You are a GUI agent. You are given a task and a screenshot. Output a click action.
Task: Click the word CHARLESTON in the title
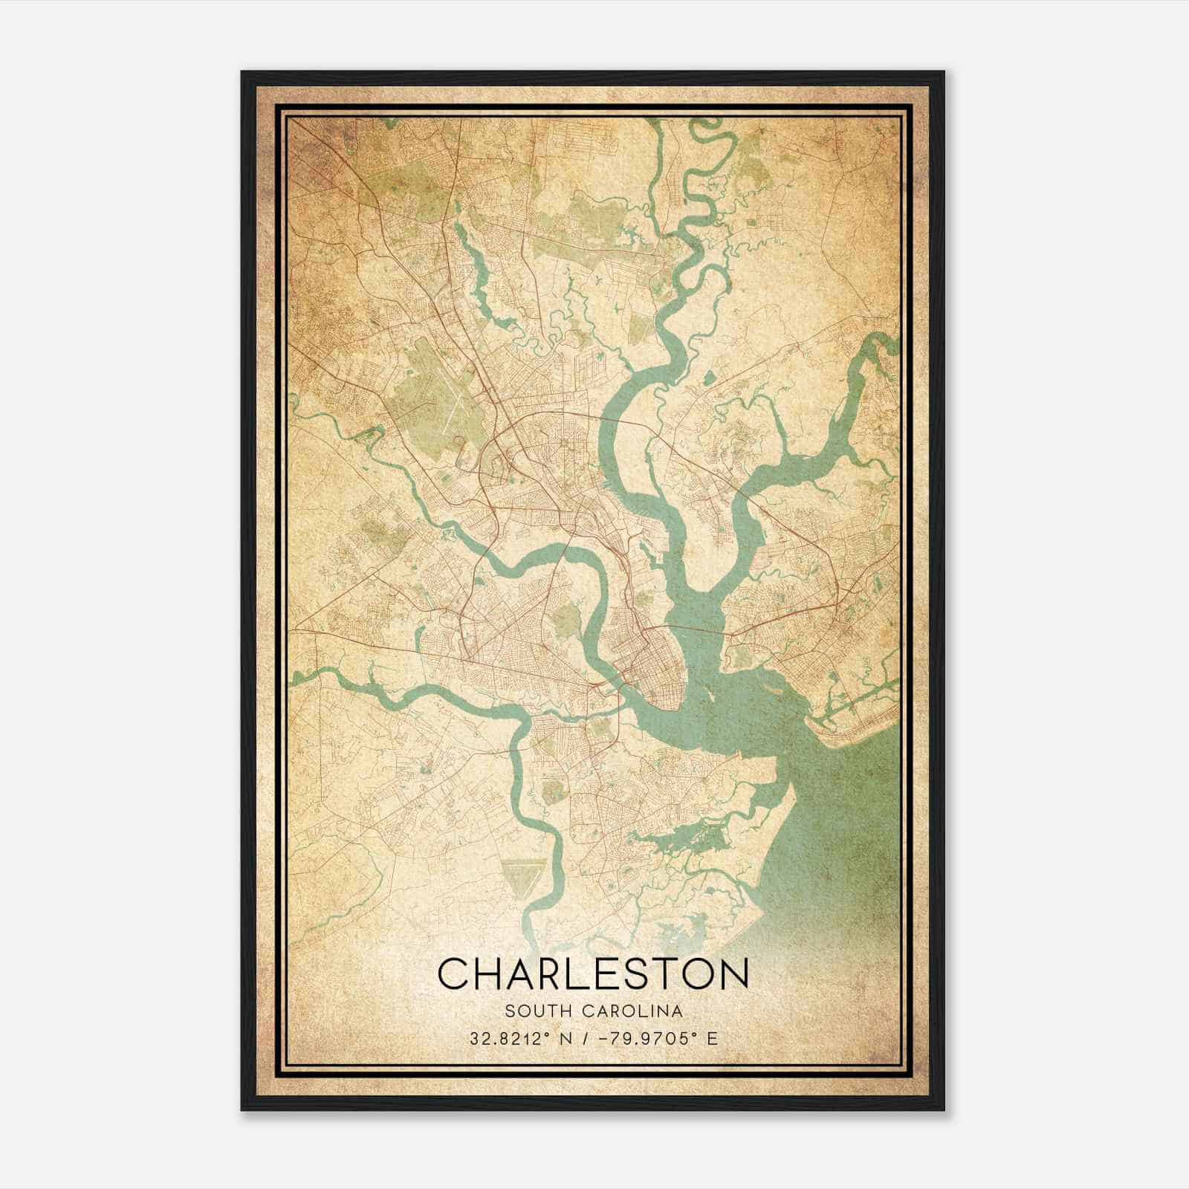point(592,973)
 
